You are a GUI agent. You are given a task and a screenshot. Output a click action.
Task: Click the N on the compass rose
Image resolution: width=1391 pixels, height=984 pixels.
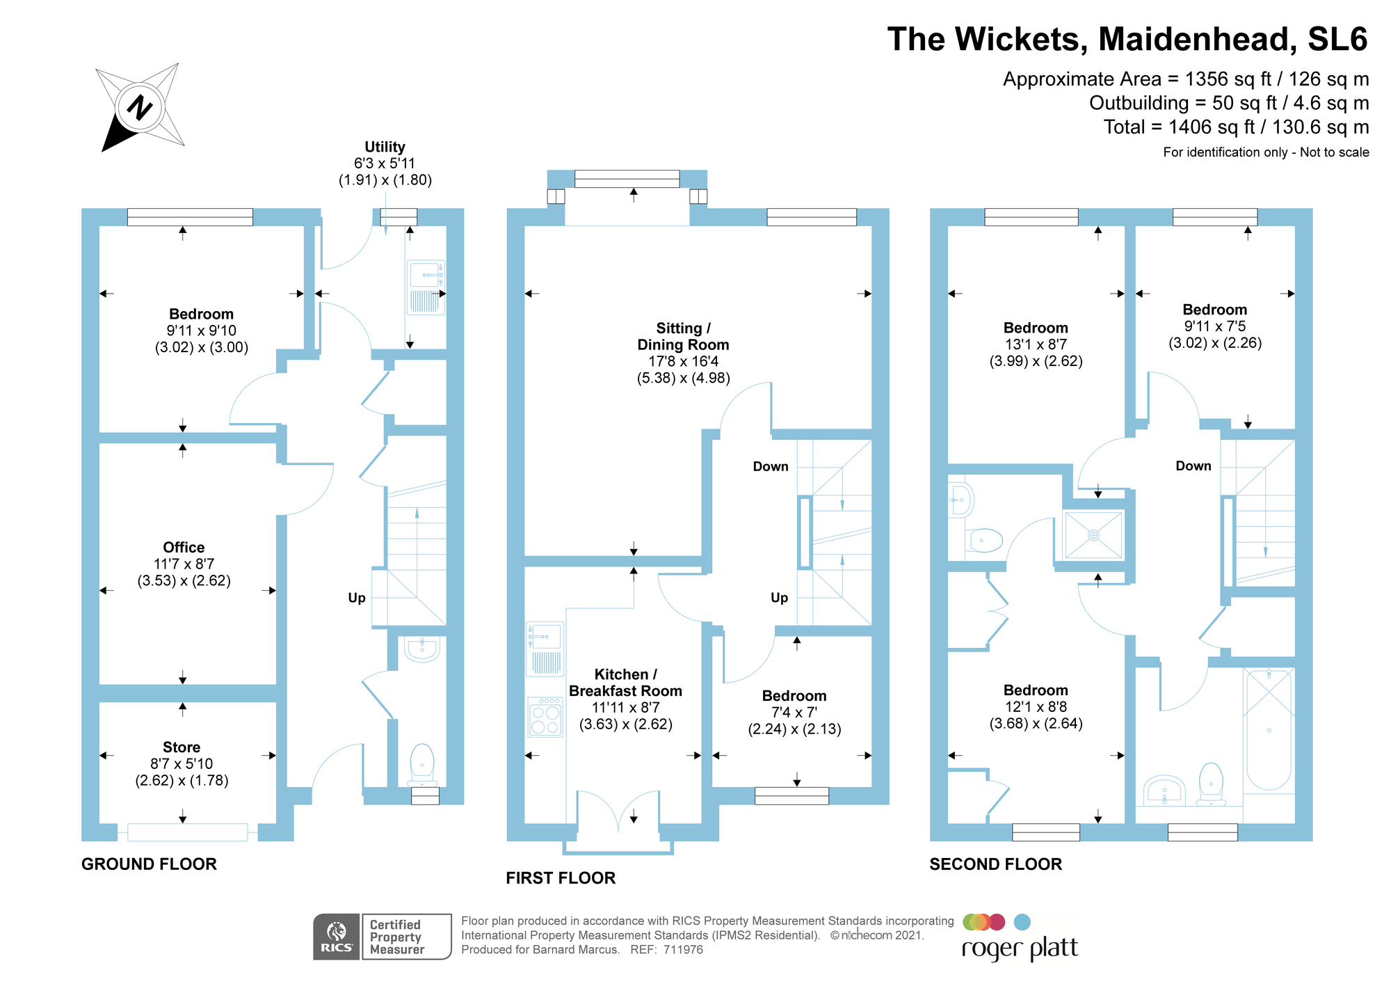[x=140, y=108]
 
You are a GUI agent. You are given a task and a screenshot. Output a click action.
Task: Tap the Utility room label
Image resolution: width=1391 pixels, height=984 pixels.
[x=385, y=147]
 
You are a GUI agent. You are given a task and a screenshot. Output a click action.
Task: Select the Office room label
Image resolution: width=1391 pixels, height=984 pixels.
[x=184, y=548]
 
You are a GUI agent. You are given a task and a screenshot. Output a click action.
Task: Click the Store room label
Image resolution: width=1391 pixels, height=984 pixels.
[x=182, y=747]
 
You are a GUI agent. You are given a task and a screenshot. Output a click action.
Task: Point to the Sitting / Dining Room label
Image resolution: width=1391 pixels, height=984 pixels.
[x=683, y=336]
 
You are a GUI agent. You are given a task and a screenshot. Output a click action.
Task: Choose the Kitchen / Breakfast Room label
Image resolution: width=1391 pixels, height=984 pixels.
[x=625, y=683]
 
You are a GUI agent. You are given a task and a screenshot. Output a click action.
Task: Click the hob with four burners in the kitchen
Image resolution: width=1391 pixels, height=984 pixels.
[x=545, y=717]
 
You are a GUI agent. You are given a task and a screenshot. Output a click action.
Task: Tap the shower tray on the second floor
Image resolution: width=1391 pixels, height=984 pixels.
[x=1093, y=535]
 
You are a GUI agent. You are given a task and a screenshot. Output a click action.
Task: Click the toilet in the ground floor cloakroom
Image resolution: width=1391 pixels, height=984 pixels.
[x=422, y=763]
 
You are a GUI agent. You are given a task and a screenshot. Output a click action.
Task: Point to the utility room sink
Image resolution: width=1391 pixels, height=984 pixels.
[x=425, y=275]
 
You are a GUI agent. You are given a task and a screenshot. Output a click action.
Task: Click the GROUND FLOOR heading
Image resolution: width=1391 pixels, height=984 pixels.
[x=149, y=864]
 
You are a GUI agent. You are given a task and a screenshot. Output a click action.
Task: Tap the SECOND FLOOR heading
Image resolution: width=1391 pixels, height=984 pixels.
[x=995, y=864]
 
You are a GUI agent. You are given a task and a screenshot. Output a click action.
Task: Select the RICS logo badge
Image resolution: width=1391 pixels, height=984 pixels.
[x=337, y=937]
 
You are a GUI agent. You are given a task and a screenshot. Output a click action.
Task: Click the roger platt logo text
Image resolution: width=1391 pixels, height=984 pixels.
[x=1020, y=949]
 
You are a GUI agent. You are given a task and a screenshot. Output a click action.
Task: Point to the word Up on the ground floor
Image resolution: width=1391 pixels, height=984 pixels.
[x=357, y=598]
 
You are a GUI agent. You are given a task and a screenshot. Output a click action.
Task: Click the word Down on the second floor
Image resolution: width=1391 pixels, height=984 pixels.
[x=1193, y=466]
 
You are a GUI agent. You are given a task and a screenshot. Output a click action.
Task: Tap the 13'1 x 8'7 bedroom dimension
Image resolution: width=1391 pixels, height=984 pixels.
[x=1035, y=344]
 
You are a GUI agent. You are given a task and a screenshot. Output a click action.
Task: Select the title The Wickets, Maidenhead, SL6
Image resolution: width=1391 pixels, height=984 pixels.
[x=1127, y=39]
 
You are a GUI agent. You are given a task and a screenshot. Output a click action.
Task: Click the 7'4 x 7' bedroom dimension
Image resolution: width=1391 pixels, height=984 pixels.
[x=794, y=713]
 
